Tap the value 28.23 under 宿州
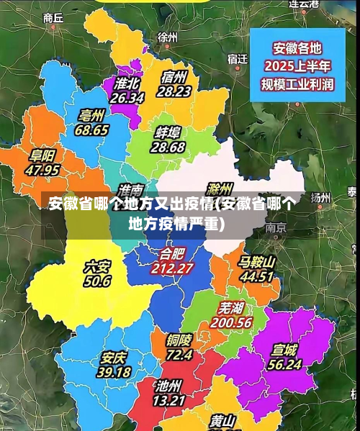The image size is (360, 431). (x=174, y=91)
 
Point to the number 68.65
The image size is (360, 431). (x=91, y=130)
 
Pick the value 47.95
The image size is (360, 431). (x=42, y=171)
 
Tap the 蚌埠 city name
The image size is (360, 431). (x=168, y=132)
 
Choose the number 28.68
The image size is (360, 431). (x=168, y=147)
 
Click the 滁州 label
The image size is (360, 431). (x=218, y=189)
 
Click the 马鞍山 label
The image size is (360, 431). (x=257, y=262)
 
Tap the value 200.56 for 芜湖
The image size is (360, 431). (x=231, y=323)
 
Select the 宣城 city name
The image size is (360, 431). (x=284, y=350)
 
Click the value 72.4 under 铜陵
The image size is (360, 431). (x=179, y=354)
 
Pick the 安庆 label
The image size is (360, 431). (x=114, y=358)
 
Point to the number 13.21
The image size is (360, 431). (x=170, y=400)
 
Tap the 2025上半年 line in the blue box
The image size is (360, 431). (x=298, y=66)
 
